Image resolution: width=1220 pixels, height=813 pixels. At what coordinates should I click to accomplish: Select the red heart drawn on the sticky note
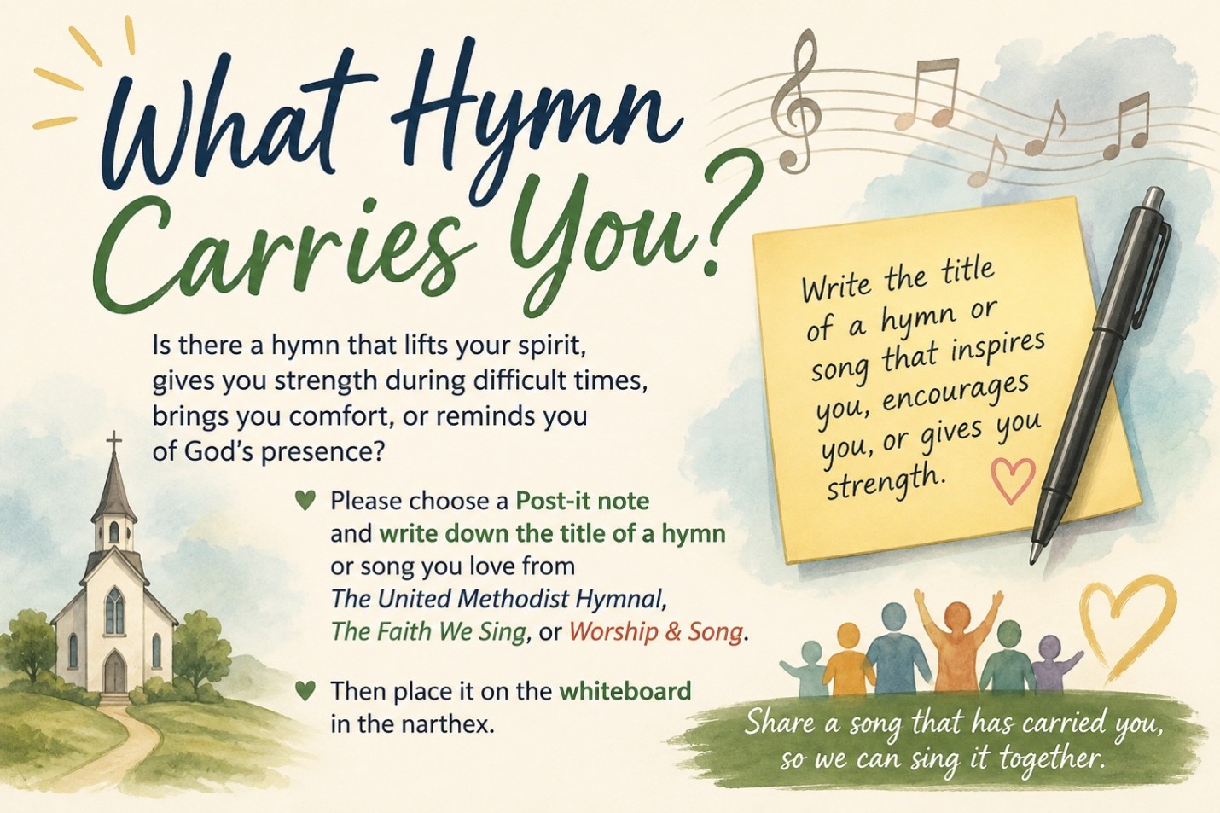click(x=1012, y=480)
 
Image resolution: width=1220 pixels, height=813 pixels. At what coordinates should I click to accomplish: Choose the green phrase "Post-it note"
click(x=582, y=501)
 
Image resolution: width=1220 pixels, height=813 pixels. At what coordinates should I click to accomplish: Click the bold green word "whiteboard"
click(x=625, y=691)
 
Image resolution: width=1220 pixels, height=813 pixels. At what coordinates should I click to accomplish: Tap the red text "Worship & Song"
click(x=655, y=632)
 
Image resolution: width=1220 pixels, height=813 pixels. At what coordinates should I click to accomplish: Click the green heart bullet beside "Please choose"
click(x=306, y=501)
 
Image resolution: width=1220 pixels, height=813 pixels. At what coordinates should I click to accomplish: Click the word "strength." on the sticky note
click(x=883, y=481)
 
